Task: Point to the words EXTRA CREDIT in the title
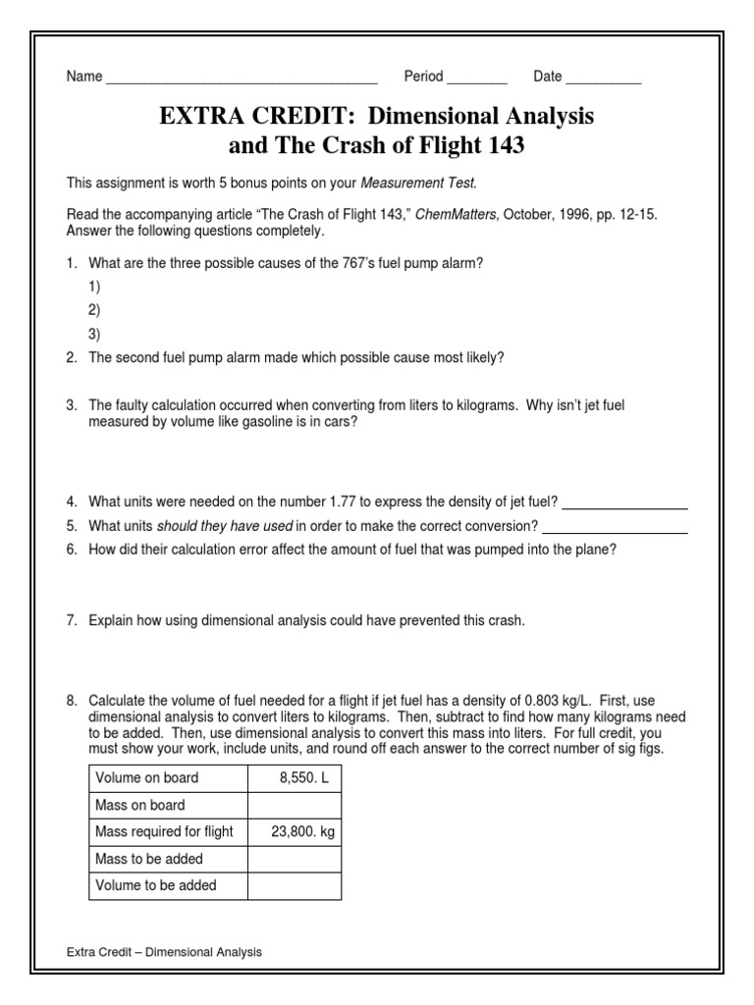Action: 230,117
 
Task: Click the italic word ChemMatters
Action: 458,214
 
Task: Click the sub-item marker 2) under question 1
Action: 95,309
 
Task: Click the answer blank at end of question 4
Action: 624,504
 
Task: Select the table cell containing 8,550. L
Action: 295,778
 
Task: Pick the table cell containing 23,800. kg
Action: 295,832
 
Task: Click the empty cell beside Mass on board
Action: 295,806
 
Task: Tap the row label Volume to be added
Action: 156,886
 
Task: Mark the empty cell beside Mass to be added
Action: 295,859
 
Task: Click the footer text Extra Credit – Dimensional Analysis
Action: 164,952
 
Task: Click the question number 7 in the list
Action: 72,621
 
